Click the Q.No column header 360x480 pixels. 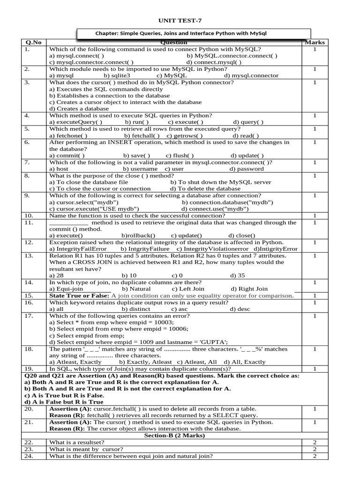[x=34, y=43]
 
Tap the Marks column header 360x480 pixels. [x=315, y=43]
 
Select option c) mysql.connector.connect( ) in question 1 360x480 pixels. [x=91, y=62]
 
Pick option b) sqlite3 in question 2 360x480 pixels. [x=117, y=75]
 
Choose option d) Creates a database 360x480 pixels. [x=79, y=108]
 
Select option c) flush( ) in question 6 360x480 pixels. [x=180, y=156]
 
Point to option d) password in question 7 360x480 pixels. [x=247, y=169]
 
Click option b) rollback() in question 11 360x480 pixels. [x=138, y=235]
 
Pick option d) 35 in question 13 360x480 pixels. [x=238, y=276]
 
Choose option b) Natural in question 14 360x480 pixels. [x=136, y=289]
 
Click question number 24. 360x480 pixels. [x=28, y=456]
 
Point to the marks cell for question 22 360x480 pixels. [x=315, y=442]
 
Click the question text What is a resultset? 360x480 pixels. [x=77, y=442]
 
